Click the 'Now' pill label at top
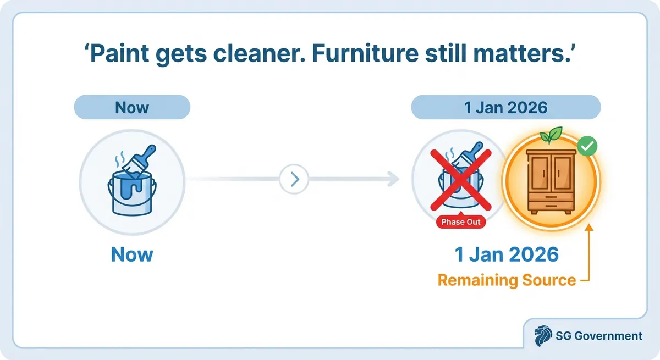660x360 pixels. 132,107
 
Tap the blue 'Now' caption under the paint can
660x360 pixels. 132,254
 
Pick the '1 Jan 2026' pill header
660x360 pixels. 506,107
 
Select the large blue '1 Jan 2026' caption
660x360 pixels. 506,254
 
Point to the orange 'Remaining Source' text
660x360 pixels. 506,280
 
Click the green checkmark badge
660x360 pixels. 588,147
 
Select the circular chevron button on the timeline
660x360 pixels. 294,179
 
